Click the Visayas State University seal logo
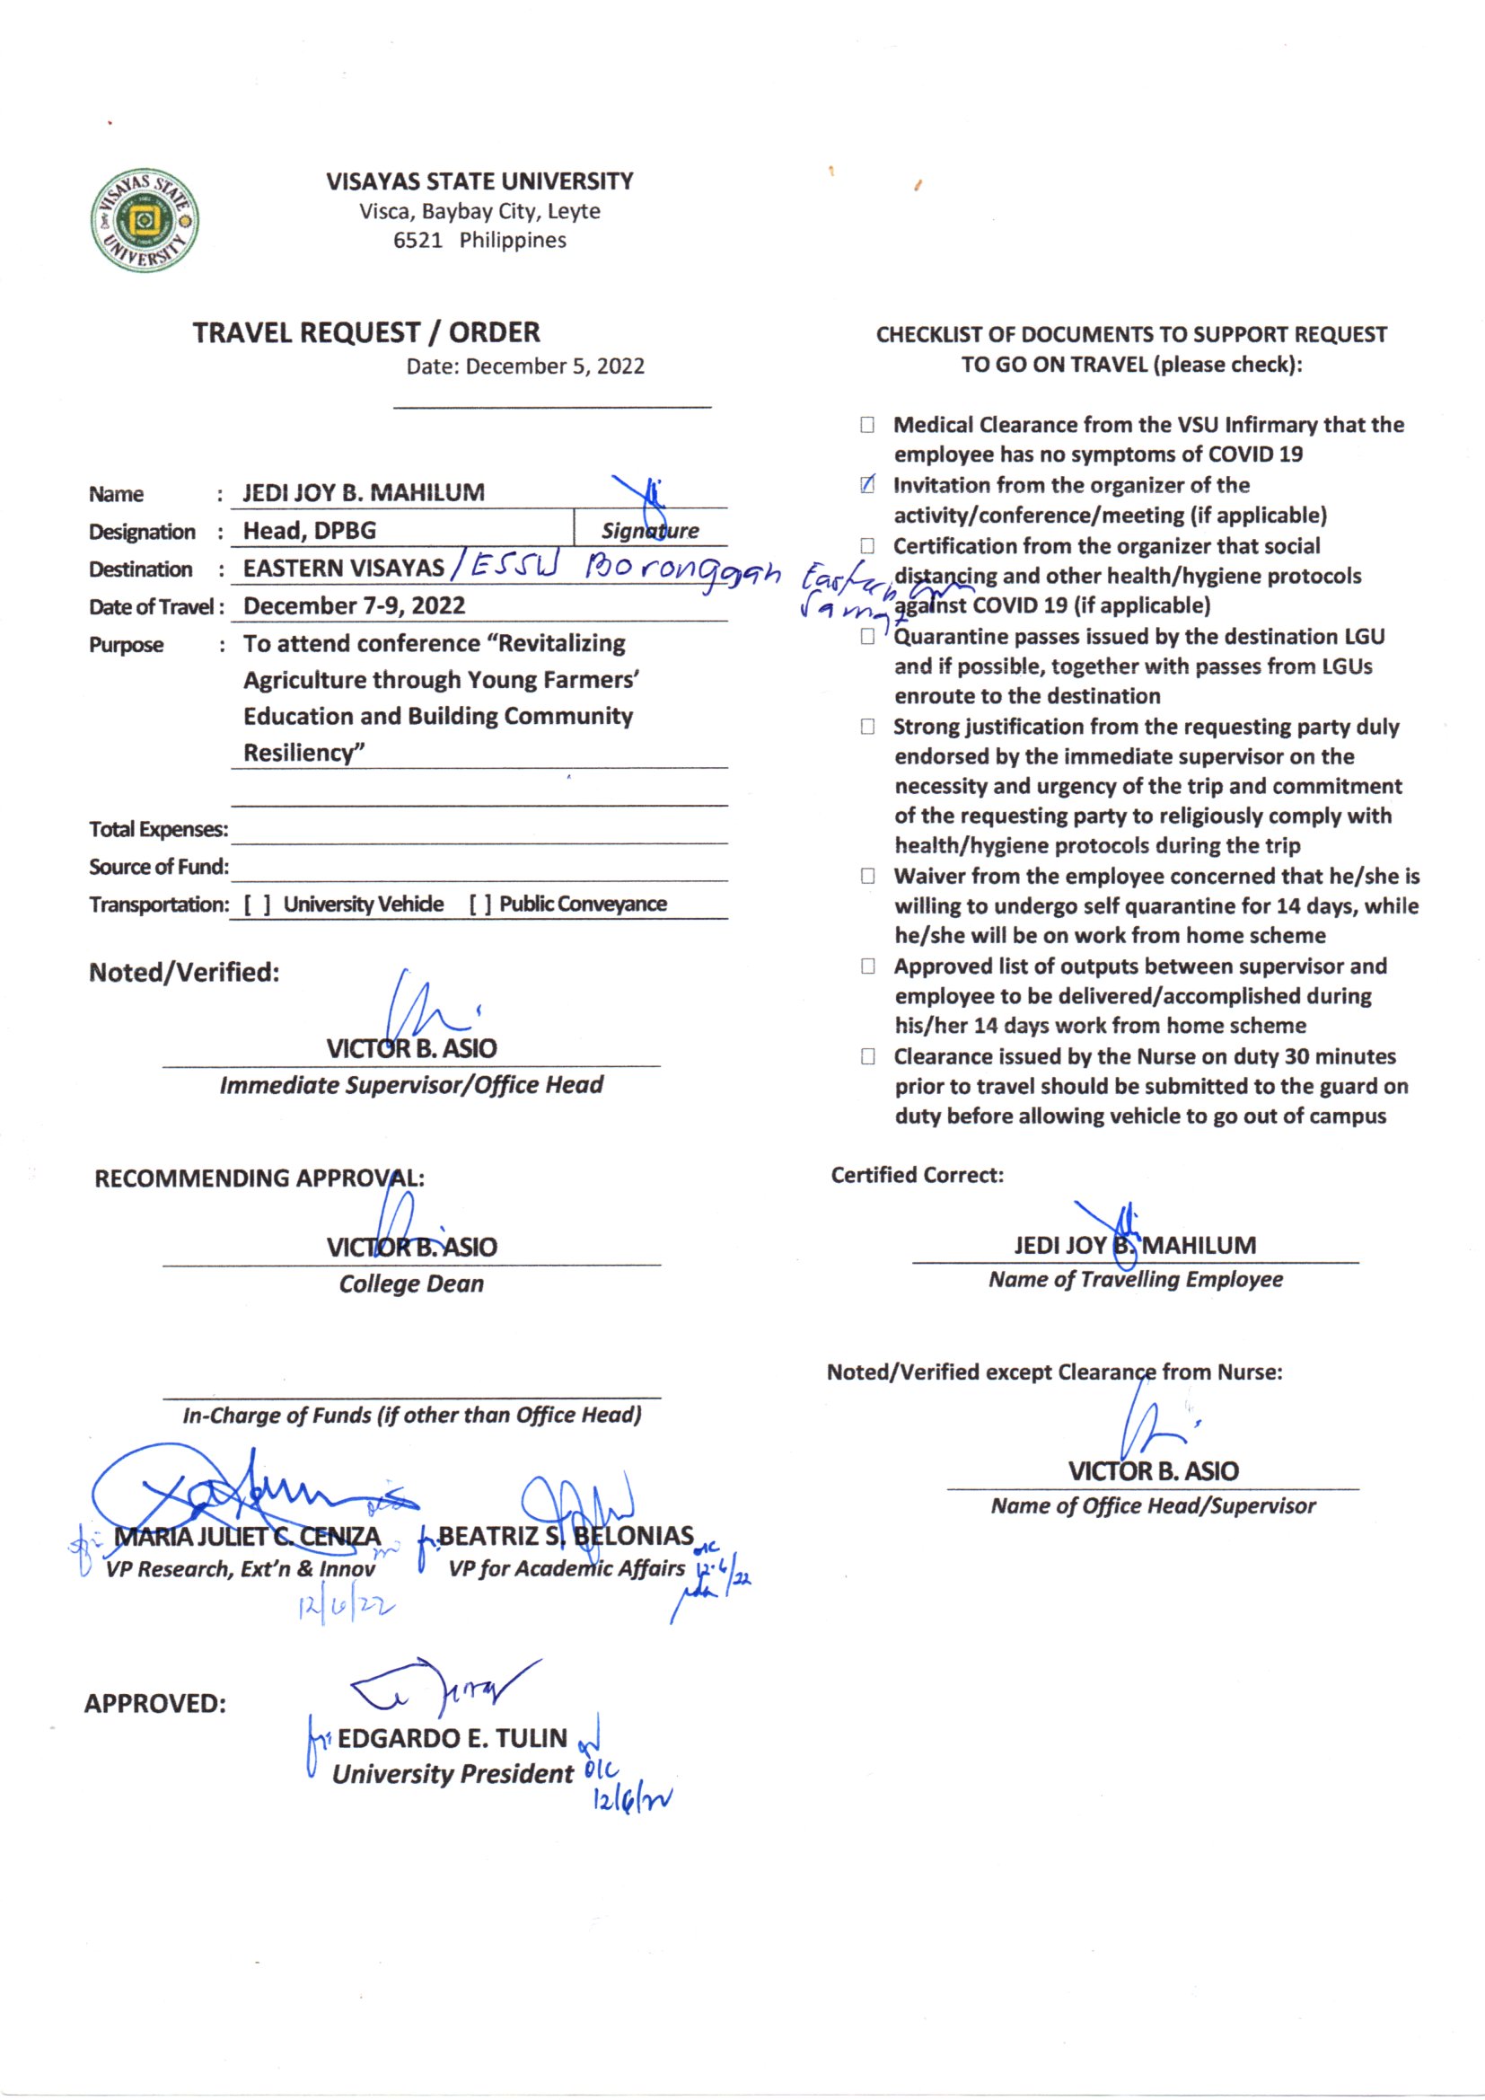[x=145, y=220]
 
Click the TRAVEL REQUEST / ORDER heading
[x=365, y=332]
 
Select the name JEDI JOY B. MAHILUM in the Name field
[x=363, y=493]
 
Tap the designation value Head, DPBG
[x=309, y=531]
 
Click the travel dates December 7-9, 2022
[x=354, y=605]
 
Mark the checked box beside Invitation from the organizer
[x=867, y=486]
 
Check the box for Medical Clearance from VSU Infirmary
[x=867, y=426]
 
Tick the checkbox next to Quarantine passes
[x=867, y=637]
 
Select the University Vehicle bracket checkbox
[x=257, y=904]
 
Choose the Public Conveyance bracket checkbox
[x=481, y=904]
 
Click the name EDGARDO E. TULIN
[x=453, y=1738]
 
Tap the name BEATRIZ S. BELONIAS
[x=566, y=1536]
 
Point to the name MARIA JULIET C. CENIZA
[x=247, y=1537]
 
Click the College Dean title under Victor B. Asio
[x=411, y=1284]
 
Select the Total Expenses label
[x=158, y=830]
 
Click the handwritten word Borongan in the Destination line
[x=681, y=571]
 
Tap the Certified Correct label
[x=918, y=1176]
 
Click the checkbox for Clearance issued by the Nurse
[x=867, y=1057]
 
